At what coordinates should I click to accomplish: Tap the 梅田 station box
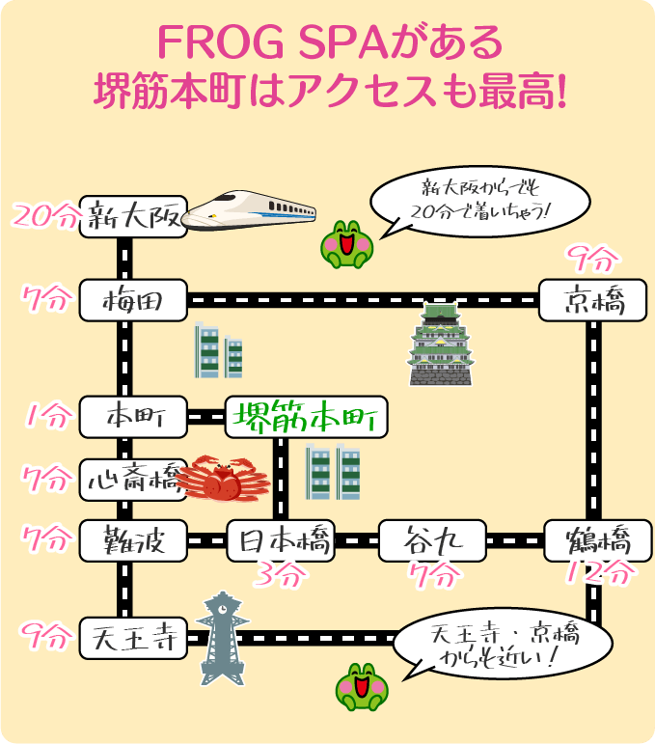(133, 301)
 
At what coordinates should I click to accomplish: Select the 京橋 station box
(592, 301)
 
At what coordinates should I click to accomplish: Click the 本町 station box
(133, 417)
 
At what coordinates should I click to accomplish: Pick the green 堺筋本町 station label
(306, 417)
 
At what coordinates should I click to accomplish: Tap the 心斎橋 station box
(132, 479)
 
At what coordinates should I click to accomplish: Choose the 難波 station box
(133, 540)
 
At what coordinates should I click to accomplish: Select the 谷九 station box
(431, 540)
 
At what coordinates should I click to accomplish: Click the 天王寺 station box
(132, 637)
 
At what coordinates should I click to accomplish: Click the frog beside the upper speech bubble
(346, 242)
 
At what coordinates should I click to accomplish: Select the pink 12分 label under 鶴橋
(601, 573)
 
